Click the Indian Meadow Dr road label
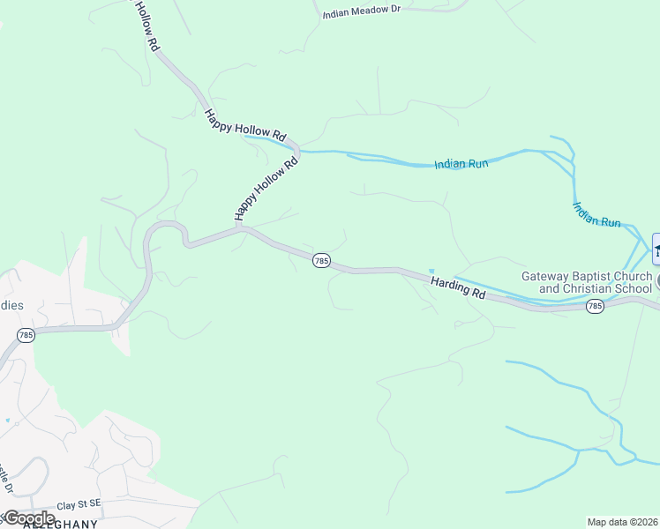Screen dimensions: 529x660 pyautogui.click(x=361, y=14)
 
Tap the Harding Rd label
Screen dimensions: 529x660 pyautogui.click(x=459, y=287)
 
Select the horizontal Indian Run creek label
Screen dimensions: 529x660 pyautogui.click(x=461, y=165)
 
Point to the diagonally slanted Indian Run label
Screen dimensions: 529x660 pyautogui.click(x=596, y=216)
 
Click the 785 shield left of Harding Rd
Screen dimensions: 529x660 pyautogui.click(x=321, y=261)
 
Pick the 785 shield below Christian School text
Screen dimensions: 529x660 pyautogui.click(x=595, y=306)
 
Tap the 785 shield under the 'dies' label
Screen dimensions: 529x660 pyautogui.click(x=25, y=335)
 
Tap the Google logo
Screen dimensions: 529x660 pyautogui.click(x=28, y=518)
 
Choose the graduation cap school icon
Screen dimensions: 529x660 pyautogui.click(x=656, y=249)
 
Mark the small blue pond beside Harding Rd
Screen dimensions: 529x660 pyautogui.click(x=431, y=271)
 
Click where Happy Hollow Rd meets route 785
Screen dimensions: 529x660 pyautogui.click(x=239, y=227)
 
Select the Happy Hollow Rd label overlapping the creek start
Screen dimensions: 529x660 pyautogui.click(x=245, y=124)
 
